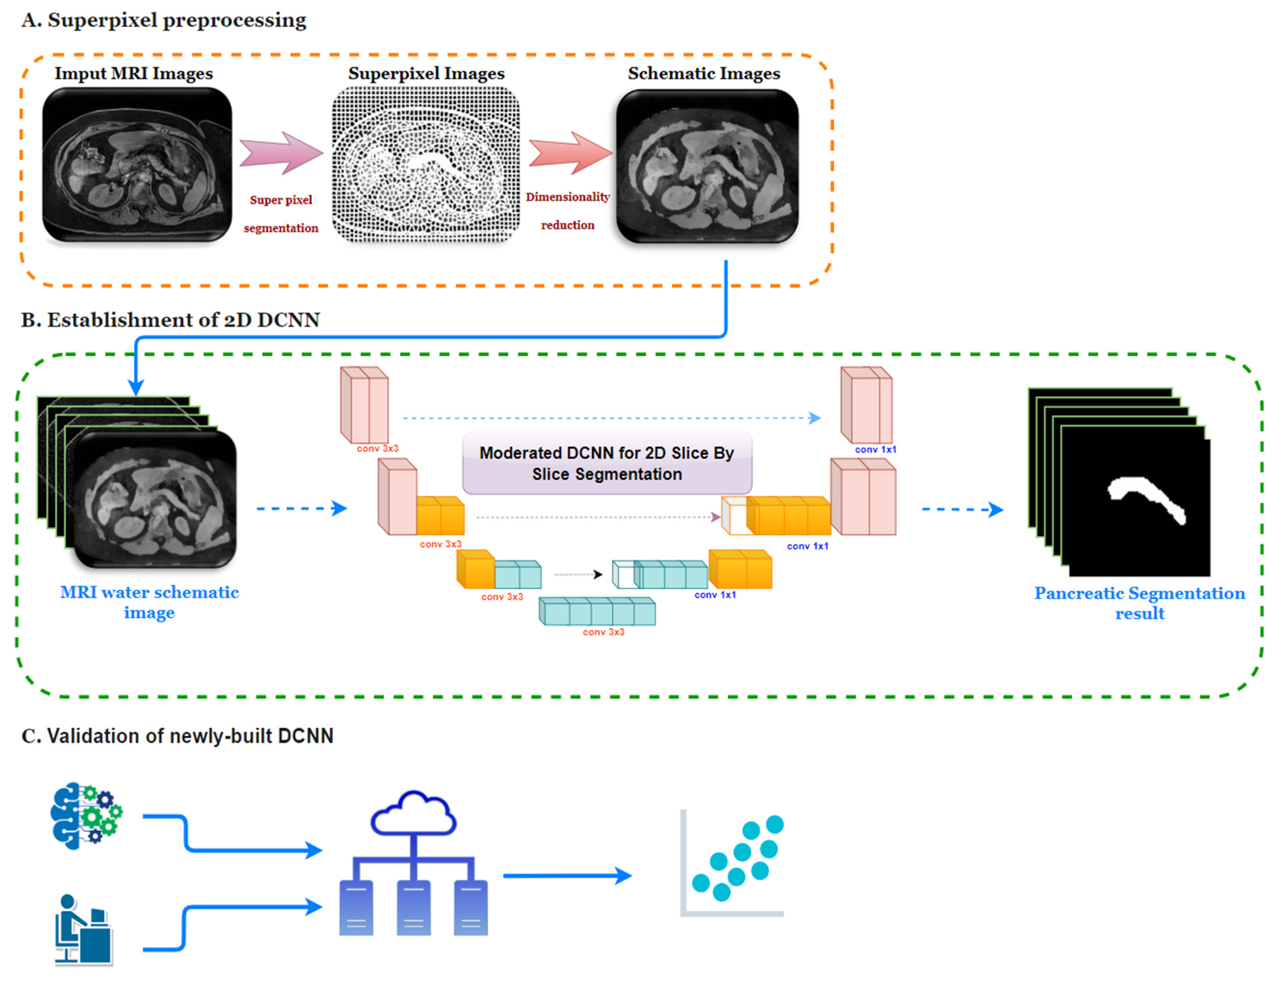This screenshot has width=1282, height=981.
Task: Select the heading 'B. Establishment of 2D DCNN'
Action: (170, 320)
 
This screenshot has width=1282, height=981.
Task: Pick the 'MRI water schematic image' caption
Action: (149, 602)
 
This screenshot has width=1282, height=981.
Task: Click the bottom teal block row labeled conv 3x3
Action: (597, 611)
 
